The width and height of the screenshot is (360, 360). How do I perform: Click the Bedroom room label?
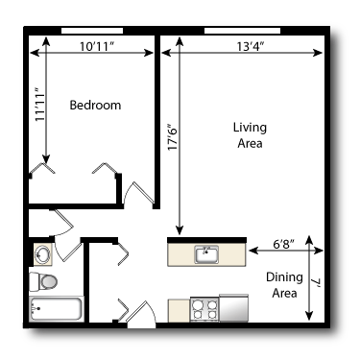pyautogui.click(x=95, y=106)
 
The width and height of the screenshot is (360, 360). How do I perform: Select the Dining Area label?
pyautogui.click(x=285, y=285)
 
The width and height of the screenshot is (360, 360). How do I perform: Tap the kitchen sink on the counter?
pyautogui.click(x=205, y=254)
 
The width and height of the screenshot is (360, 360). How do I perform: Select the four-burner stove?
pyautogui.click(x=204, y=309)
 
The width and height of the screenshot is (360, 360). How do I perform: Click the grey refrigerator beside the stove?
pyautogui.click(x=234, y=307)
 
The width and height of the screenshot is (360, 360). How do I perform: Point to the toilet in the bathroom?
pyautogui.click(x=43, y=281)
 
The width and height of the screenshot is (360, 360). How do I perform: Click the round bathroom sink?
pyautogui.click(x=42, y=254)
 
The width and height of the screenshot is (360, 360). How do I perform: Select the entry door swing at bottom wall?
pyautogui.click(x=142, y=314)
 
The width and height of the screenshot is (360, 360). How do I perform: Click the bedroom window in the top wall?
pyautogui.click(x=90, y=32)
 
